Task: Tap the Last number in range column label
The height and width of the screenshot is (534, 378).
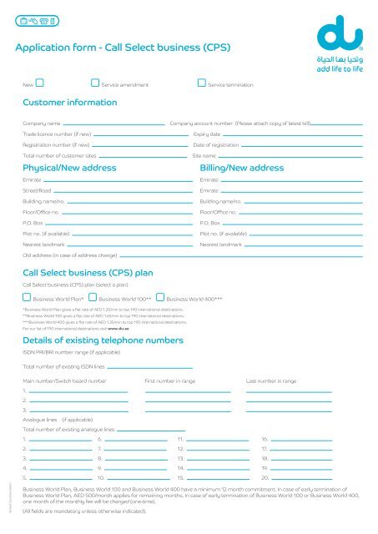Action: click(271, 381)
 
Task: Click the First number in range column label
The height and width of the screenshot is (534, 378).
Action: click(170, 381)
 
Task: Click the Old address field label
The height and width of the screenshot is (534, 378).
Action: click(69, 255)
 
